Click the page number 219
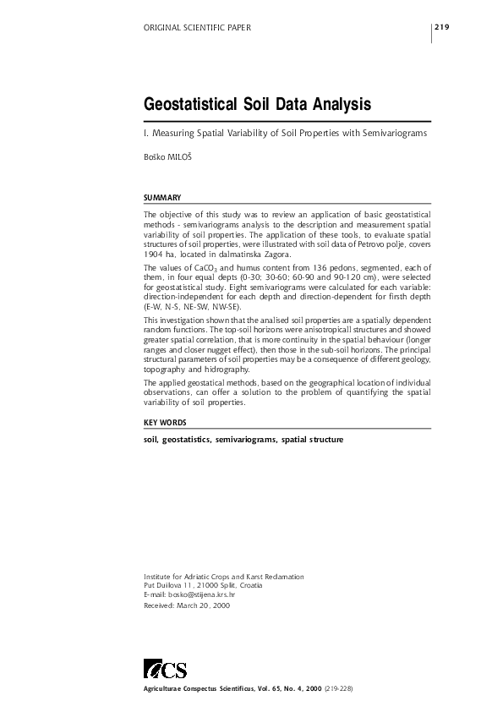click(x=441, y=28)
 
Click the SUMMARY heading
click(x=162, y=197)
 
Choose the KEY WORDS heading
click(x=165, y=421)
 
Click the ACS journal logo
click(x=165, y=670)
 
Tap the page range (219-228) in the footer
click(x=336, y=689)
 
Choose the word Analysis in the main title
click(x=336, y=106)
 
